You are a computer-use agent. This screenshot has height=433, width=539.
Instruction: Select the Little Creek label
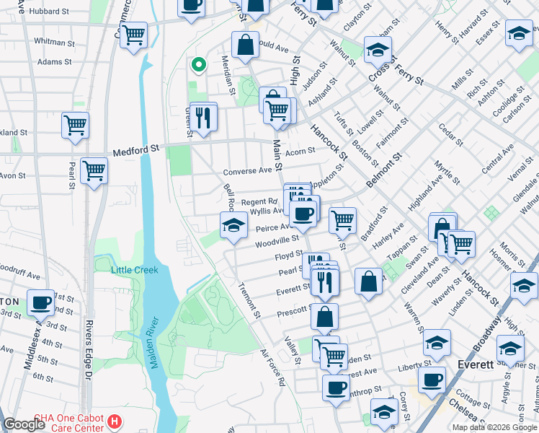tap(135, 270)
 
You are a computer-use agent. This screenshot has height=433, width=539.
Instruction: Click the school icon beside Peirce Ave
tap(233, 225)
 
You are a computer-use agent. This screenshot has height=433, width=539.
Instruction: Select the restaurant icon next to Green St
tap(203, 116)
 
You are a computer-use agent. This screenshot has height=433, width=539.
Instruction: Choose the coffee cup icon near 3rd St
tap(41, 302)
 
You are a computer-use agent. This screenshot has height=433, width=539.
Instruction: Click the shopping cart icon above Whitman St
tap(133, 35)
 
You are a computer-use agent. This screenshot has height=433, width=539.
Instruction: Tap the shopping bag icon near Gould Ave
tap(245, 43)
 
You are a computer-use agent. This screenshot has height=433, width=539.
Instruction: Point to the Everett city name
tap(476, 364)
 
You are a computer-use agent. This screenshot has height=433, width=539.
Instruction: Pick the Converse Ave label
tap(247, 171)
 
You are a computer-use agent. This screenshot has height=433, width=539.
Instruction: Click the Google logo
tap(24, 424)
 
